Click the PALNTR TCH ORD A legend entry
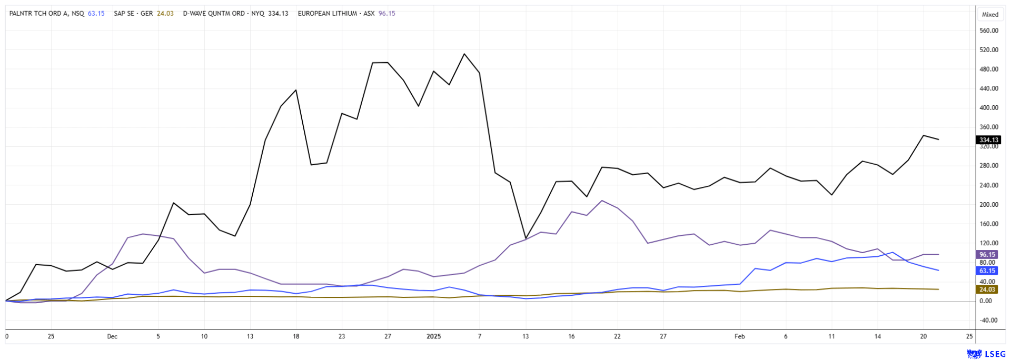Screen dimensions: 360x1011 pos(46,14)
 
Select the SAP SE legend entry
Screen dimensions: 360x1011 pos(134,14)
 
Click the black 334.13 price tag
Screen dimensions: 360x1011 pos(988,140)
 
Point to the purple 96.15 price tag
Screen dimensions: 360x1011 pos(987,255)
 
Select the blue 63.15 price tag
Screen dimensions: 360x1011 pos(987,271)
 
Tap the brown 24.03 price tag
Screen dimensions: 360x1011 pos(987,289)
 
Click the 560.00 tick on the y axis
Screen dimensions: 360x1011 pos(989,31)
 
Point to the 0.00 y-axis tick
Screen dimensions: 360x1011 pos(986,301)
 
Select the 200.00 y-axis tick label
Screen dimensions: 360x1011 pos(989,205)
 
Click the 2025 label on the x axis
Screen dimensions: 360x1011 pos(433,336)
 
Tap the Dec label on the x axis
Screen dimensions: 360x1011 pos(112,336)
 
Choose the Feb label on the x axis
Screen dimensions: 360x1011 pos(739,336)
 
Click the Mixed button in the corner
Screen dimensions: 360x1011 pos(990,15)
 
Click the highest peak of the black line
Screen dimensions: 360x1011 pos(464,54)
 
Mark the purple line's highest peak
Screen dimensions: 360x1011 pos(602,201)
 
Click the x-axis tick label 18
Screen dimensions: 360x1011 pos(296,336)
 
